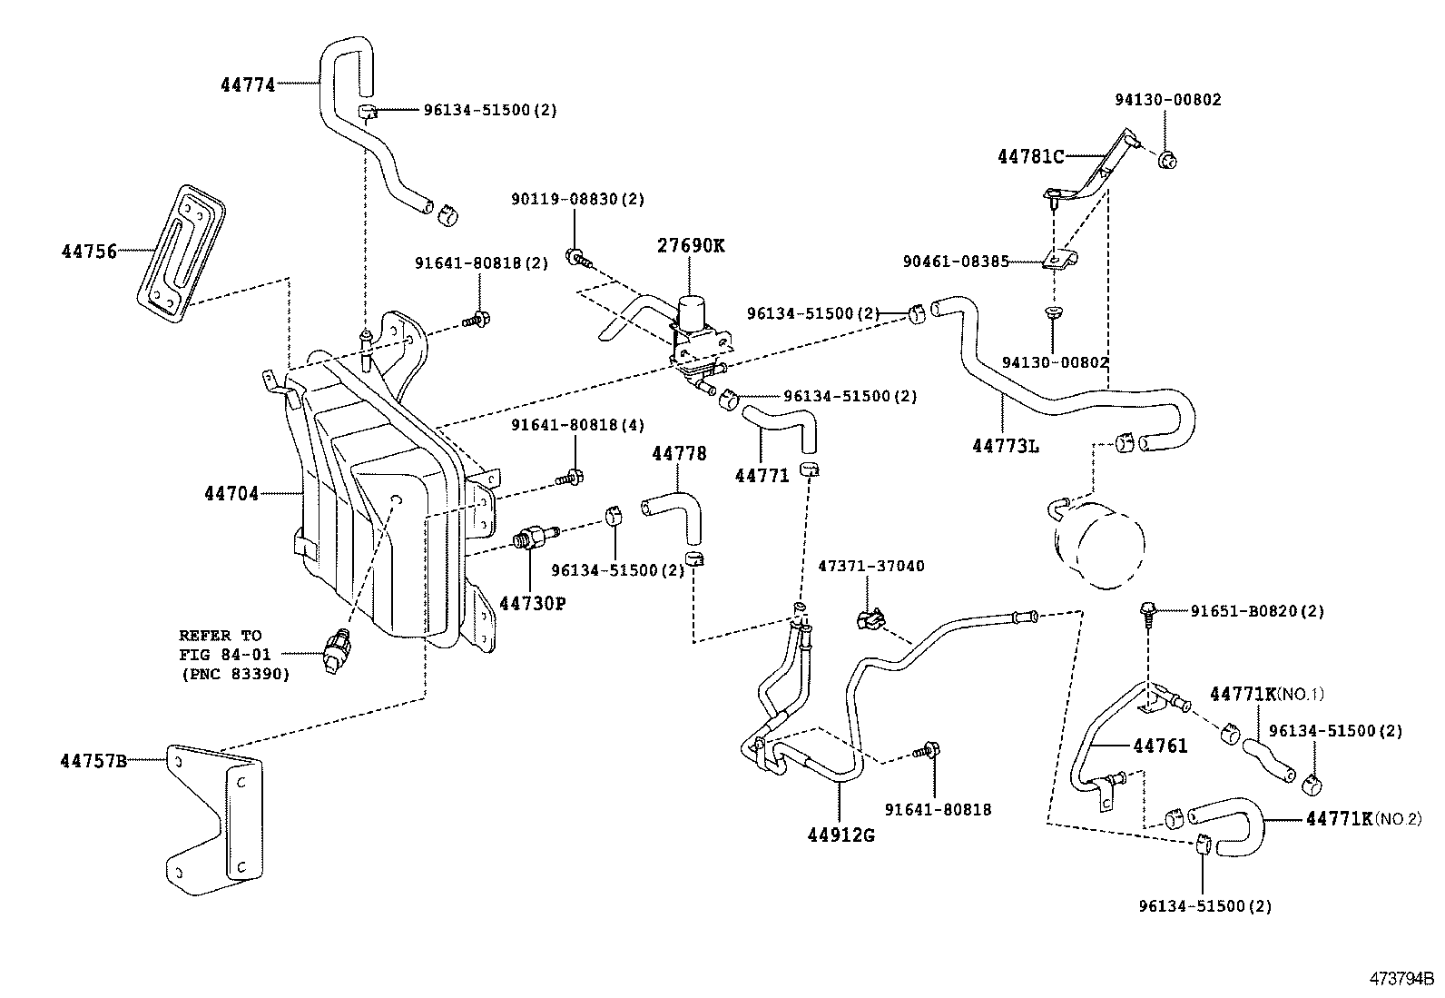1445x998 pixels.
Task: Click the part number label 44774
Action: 247,84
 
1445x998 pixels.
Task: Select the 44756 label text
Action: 89,252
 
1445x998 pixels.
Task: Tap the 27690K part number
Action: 692,246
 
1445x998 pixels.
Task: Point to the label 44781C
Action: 1030,156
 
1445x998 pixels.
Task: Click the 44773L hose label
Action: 1005,446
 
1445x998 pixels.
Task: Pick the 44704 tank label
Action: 231,493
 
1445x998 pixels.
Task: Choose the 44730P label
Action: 532,602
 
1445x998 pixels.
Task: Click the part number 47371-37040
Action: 871,566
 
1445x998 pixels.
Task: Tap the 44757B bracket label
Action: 93,761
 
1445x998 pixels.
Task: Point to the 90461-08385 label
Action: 955,262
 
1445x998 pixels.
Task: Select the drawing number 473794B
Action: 1401,980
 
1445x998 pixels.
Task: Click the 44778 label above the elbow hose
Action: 678,453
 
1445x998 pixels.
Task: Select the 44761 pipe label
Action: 1159,746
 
